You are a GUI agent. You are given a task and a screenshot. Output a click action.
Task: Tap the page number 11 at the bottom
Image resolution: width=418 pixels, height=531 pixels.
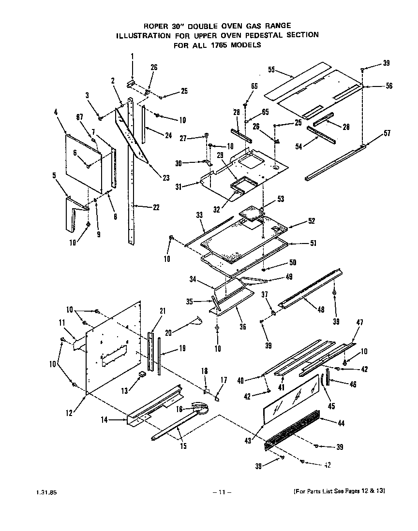pos(222,492)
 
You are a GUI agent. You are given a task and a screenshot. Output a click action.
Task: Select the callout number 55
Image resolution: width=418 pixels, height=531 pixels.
pos(272,70)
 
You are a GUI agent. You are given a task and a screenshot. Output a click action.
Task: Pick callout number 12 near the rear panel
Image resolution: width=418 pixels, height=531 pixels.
pos(69,413)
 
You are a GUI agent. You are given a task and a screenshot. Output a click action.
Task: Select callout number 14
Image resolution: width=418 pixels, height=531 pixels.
pos(104,420)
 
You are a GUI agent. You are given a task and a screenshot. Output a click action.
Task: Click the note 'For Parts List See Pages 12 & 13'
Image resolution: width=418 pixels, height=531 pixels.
pos(339,491)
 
